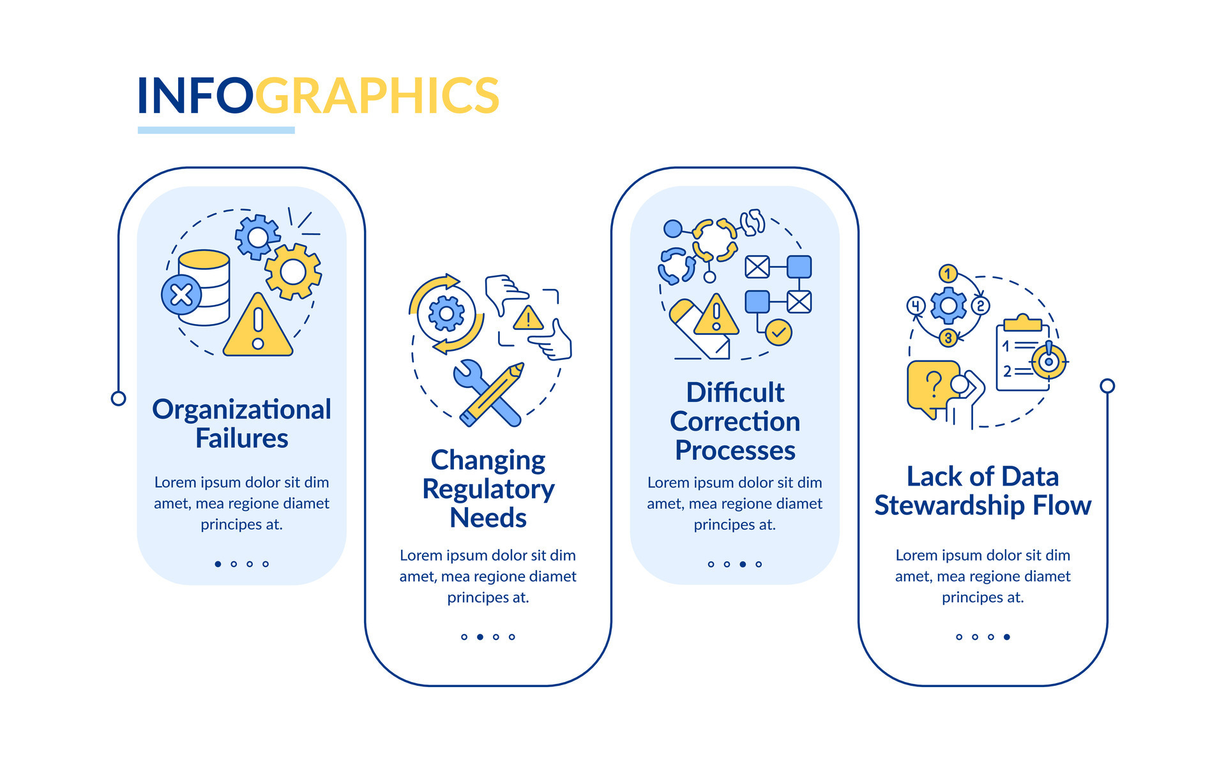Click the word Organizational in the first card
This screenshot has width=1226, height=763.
pyautogui.click(x=241, y=410)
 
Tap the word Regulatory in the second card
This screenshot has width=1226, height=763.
pyautogui.click(x=488, y=490)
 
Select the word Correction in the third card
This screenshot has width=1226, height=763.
pyautogui.click(x=735, y=422)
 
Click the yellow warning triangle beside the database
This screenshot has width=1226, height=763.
pyautogui.click(x=258, y=325)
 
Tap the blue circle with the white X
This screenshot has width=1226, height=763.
pyautogui.click(x=181, y=295)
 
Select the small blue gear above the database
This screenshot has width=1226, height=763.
pyautogui.click(x=257, y=237)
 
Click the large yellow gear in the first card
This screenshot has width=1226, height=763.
pyautogui.click(x=293, y=272)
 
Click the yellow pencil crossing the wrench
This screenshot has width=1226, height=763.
pyautogui.click(x=492, y=394)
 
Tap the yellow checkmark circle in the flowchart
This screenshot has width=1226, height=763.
pyautogui.click(x=778, y=332)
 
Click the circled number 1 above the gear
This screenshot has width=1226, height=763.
pyautogui.click(x=948, y=274)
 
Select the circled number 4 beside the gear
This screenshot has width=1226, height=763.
pyautogui.click(x=916, y=306)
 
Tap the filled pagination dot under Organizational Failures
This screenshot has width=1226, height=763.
pyautogui.click(x=218, y=564)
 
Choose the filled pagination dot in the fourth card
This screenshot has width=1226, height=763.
pyautogui.click(x=1007, y=637)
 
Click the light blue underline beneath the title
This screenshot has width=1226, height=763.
pyautogui.click(x=216, y=130)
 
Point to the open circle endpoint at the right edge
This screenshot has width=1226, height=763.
pyautogui.click(x=1107, y=386)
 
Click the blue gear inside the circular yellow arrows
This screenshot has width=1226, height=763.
pyautogui.click(x=446, y=314)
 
